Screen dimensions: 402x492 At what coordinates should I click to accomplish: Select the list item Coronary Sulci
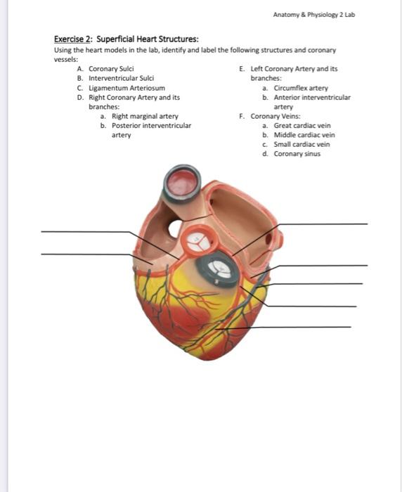click(111, 69)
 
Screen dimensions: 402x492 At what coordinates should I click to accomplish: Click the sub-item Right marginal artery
click(145, 116)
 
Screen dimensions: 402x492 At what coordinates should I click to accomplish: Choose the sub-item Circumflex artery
click(301, 88)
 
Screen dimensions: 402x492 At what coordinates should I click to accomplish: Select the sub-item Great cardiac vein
click(302, 125)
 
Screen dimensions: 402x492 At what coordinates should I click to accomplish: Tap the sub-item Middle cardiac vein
click(304, 135)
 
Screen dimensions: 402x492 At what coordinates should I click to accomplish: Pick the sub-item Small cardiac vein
click(301, 144)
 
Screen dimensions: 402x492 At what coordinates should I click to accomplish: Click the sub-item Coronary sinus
click(297, 153)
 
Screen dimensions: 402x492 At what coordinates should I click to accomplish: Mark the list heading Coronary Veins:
click(275, 116)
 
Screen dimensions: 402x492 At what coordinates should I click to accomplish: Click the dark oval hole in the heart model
click(174, 228)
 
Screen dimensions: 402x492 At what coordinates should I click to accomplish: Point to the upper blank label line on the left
click(84, 231)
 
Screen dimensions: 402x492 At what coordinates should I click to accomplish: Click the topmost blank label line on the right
click(323, 224)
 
